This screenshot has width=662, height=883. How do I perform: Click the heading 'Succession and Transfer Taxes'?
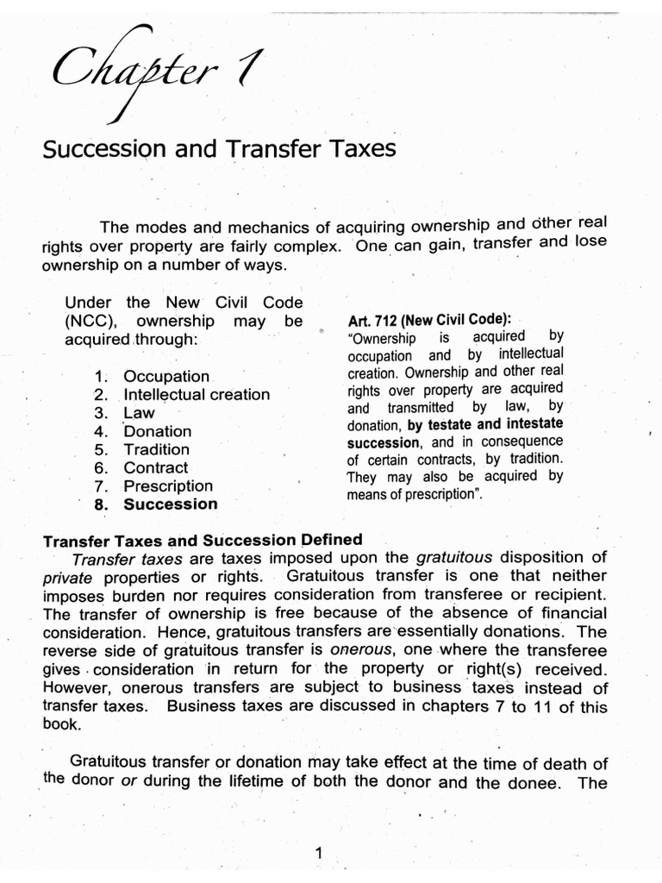tap(219, 150)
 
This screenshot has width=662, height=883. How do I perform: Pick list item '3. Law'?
tap(125, 413)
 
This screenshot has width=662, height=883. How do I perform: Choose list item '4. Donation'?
tap(143, 431)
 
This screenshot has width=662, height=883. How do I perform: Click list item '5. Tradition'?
tap(142, 449)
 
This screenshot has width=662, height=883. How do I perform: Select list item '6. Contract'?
tap(141, 467)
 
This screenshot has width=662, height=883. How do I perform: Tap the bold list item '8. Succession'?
tap(156, 504)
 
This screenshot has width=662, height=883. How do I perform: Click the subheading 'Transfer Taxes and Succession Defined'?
tap(203, 541)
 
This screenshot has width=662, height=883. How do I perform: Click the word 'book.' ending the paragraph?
tap(62, 725)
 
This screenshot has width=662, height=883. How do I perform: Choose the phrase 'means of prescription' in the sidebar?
tap(415, 495)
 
